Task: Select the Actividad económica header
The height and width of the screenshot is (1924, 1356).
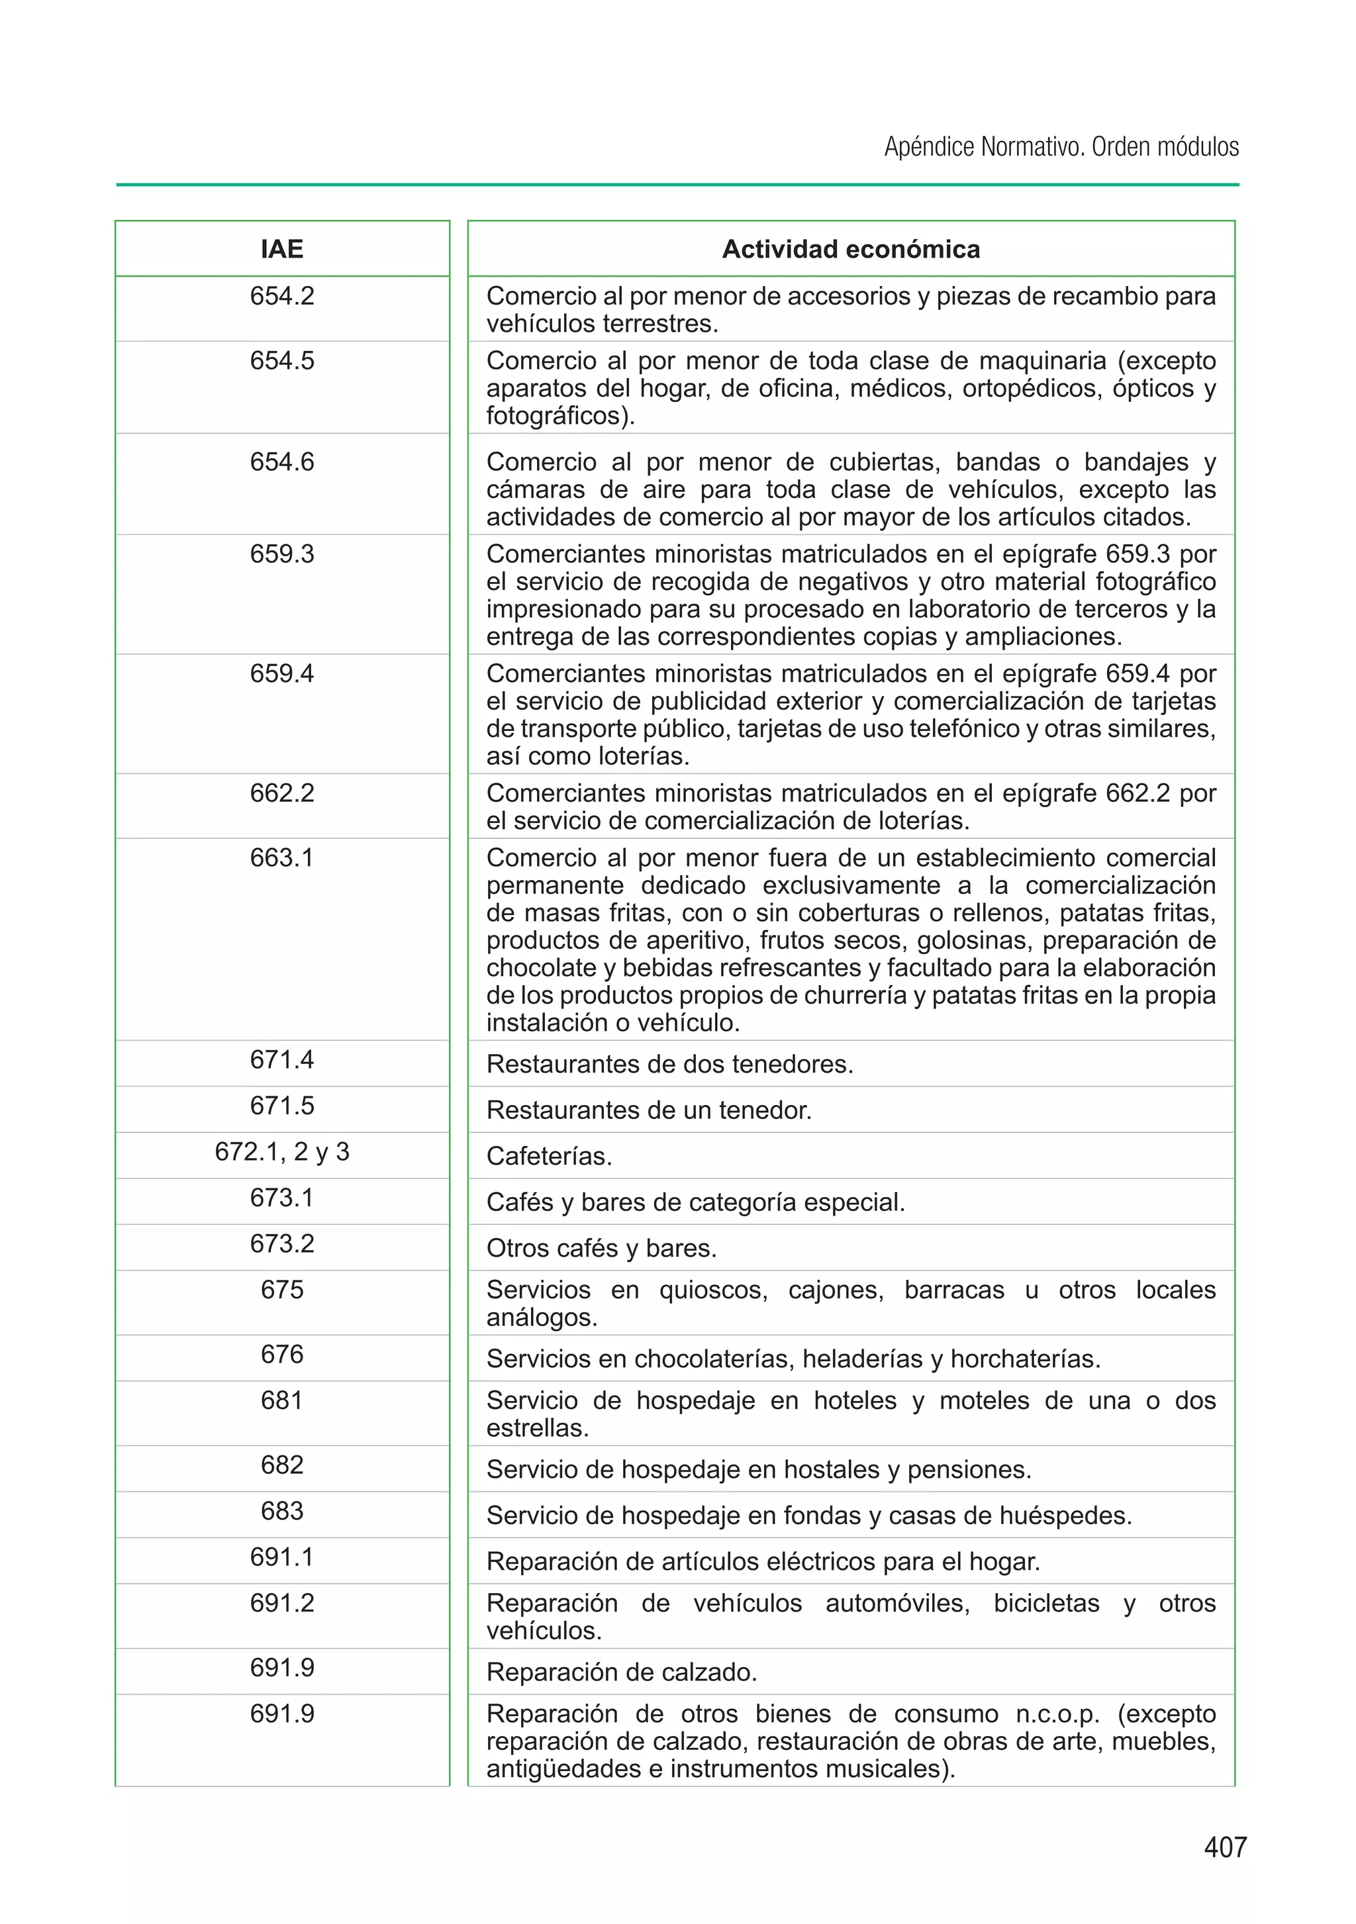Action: pyautogui.click(x=851, y=249)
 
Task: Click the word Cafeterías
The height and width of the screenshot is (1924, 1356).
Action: pyautogui.click(x=549, y=1157)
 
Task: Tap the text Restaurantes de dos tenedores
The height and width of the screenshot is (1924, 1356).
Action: pyautogui.click(x=669, y=1064)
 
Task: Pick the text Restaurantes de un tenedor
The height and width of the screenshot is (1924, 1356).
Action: pyautogui.click(x=649, y=1110)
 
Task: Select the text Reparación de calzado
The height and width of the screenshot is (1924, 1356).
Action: pyautogui.click(x=621, y=1672)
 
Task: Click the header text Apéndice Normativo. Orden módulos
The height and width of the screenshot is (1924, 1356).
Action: pyautogui.click(x=1061, y=148)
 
